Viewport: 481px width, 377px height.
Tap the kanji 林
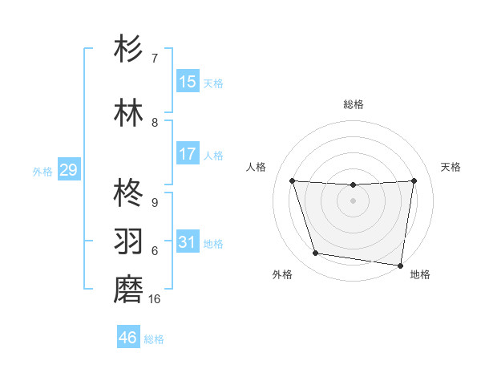tap(128, 113)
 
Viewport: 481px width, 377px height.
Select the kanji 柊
tap(128, 193)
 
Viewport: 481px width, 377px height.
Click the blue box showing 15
tap(188, 82)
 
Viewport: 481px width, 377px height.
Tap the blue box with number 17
tap(188, 154)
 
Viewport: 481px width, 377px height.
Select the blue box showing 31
tap(188, 242)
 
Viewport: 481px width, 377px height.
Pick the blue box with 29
tap(68, 170)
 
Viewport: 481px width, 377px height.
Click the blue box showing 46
tap(128, 338)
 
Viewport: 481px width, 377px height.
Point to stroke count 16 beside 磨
tap(155, 299)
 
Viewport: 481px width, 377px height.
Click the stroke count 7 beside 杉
tap(155, 58)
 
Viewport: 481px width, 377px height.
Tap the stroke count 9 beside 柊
tap(155, 202)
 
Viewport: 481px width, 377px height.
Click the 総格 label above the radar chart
tap(354, 104)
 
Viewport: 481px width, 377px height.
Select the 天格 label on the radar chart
tap(451, 167)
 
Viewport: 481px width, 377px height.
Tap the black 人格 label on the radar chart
tap(257, 167)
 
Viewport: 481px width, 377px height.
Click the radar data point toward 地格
tap(400, 265)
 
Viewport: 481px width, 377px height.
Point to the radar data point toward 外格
tap(316, 253)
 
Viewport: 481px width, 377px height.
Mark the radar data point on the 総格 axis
tap(353, 185)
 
